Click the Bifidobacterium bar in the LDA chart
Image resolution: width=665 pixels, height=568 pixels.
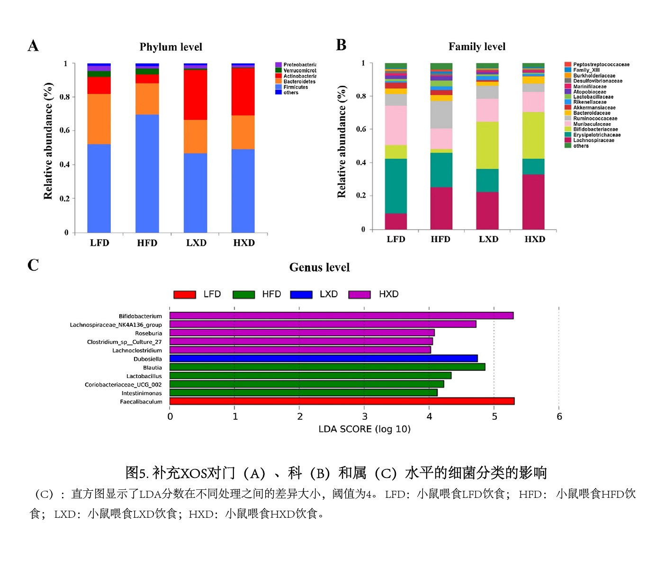point(341,316)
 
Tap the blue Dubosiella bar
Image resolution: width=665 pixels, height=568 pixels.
point(324,359)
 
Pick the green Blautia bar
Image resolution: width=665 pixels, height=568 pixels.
point(327,367)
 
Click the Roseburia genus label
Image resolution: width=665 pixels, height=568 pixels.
point(148,334)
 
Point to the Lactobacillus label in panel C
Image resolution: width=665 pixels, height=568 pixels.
point(144,376)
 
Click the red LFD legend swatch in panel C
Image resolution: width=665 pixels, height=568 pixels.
point(185,295)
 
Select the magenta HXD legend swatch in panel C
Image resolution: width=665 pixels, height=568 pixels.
point(359,295)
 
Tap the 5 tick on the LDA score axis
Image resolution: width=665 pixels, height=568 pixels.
point(494,416)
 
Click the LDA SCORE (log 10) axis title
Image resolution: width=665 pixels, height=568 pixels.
point(364,429)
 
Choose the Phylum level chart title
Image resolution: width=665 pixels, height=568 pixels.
point(171,47)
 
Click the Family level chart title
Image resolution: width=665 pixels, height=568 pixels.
point(477,46)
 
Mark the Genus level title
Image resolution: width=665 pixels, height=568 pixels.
point(319,267)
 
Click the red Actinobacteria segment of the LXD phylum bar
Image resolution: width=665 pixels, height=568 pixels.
point(195,95)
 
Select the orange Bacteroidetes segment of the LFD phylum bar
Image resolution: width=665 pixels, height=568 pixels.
point(99,119)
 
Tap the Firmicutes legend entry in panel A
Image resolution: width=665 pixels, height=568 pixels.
point(296,87)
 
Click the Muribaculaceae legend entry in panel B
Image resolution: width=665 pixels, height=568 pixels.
point(592,124)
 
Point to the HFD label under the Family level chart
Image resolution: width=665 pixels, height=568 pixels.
point(440,239)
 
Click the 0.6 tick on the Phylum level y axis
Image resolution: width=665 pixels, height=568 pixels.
point(65,130)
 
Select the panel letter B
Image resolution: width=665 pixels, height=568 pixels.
point(341,45)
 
